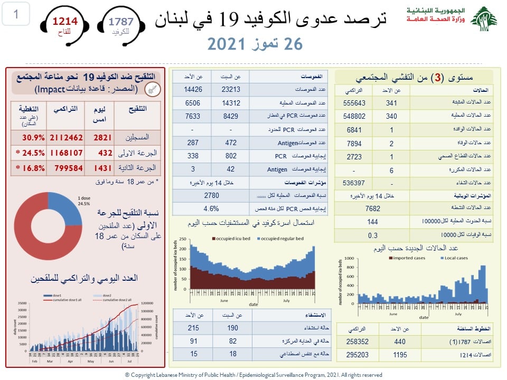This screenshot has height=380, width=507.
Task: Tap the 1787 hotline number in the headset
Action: click(121, 21)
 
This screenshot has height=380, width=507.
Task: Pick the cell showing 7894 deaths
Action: click(354, 143)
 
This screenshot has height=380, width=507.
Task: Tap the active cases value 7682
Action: click(373, 208)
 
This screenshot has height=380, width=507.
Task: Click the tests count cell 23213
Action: click(230, 90)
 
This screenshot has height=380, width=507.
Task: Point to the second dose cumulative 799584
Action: click(66, 168)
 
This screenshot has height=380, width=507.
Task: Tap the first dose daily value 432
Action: click(105, 153)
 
